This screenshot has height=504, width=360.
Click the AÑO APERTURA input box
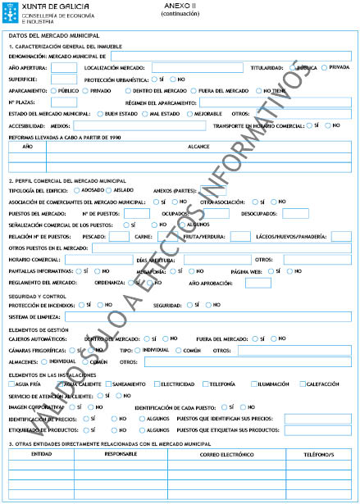click(x=64, y=67)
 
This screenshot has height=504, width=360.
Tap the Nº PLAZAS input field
click(x=64, y=102)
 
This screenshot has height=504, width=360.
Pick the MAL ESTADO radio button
click(x=144, y=113)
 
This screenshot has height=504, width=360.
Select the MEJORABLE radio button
click(x=190, y=113)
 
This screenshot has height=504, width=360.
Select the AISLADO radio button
click(x=109, y=189)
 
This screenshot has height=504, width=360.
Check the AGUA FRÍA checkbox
click(x=11, y=384)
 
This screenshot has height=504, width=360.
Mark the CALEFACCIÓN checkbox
click(x=303, y=384)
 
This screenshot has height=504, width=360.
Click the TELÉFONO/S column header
click(x=319, y=452)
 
